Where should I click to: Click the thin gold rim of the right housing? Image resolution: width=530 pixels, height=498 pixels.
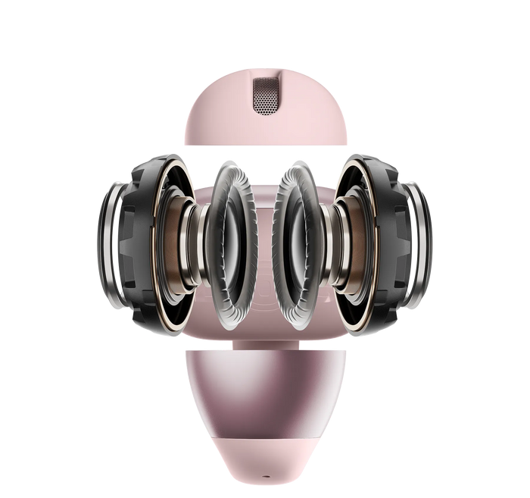click(374, 250)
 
